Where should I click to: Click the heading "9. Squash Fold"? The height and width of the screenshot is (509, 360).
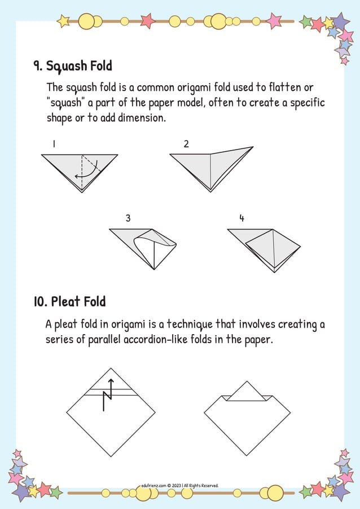tap(72, 66)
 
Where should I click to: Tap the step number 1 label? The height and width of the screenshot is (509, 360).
tap(54, 144)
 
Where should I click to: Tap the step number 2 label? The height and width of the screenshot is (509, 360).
tap(186, 144)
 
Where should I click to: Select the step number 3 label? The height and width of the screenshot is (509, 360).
tap(128, 218)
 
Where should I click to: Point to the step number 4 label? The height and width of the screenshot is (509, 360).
tap(242, 218)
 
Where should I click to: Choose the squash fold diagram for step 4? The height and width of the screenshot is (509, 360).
tap(264, 249)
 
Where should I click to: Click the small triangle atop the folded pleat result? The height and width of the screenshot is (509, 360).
tap(247, 392)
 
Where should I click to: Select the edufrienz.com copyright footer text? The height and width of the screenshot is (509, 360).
tap(180, 485)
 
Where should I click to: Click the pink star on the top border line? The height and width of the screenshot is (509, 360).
tap(147, 21)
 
